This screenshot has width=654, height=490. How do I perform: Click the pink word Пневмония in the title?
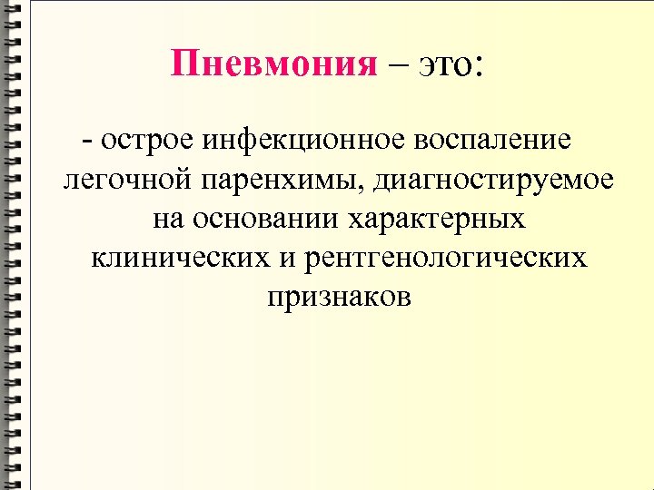click(x=273, y=64)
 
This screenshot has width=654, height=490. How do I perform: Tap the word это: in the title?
click(x=451, y=64)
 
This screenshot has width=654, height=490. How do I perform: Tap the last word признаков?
click(x=339, y=297)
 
